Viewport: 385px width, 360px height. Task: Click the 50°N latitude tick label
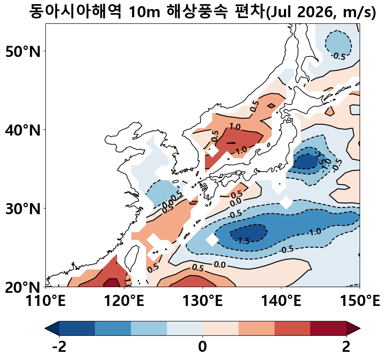[23, 52]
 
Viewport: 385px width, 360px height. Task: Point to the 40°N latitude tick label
[23, 131]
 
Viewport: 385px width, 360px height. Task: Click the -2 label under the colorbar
[59, 347]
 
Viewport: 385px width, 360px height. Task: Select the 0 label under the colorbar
[203, 347]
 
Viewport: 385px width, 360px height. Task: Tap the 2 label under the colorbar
[346, 347]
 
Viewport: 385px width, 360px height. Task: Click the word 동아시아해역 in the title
[75, 12]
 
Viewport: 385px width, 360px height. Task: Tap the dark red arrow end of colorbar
[353, 328]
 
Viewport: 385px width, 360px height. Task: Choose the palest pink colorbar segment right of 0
[221, 328]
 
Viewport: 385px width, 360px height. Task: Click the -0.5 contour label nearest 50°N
[339, 56]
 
